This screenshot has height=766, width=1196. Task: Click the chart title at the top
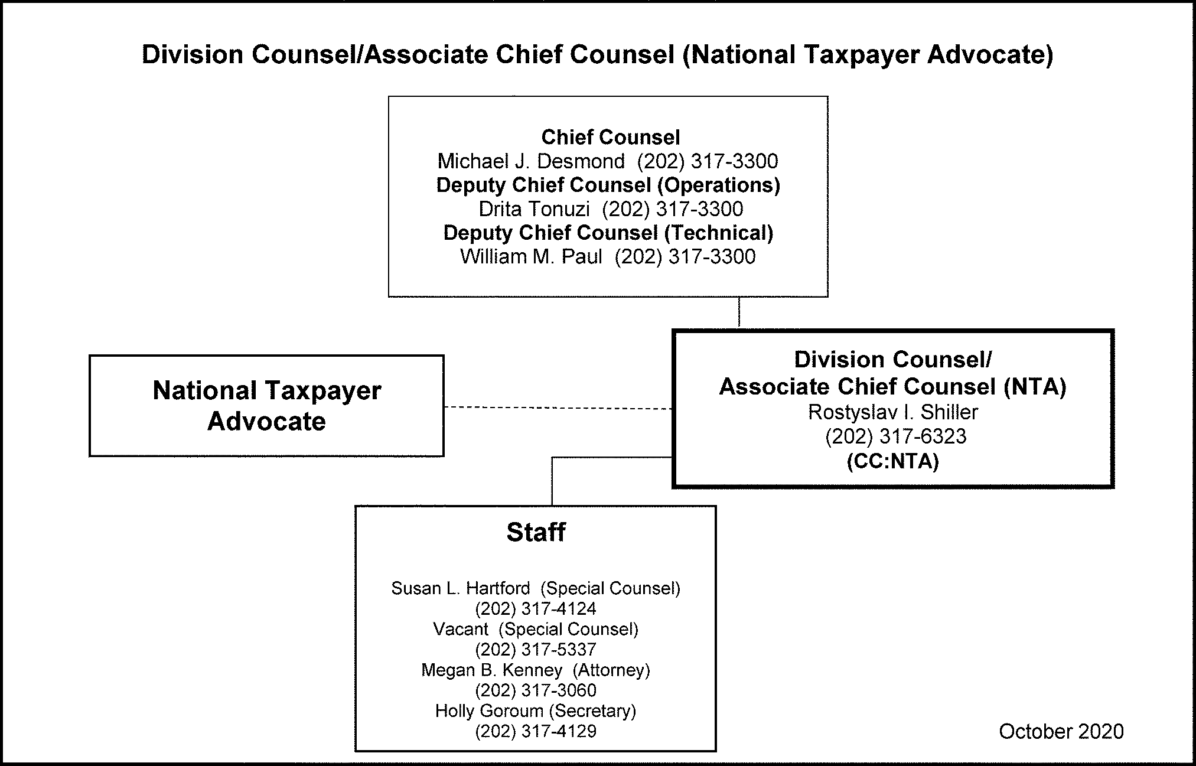pyautogui.click(x=597, y=55)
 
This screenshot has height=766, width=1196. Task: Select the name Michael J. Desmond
pyautogui.click(x=530, y=161)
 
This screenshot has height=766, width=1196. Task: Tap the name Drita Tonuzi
pyautogui.click(x=534, y=209)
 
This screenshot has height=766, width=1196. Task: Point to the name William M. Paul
pyautogui.click(x=531, y=257)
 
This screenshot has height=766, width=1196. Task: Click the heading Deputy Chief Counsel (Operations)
pyautogui.click(x=608, y=185)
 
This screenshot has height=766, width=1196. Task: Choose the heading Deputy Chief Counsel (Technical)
pyautogui.click(x=608, y=233)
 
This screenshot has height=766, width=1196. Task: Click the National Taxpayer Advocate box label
pyautogui.click(x=266, y=406)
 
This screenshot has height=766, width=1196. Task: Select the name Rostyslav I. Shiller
pyautogui.click(x=892, y=412)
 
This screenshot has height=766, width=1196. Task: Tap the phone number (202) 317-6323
pyautogui.click(x=895, y=436)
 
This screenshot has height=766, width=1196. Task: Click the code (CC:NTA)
pyautogui.click(x=892, y=461)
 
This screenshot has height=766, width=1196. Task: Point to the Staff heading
pyautogui.click(x=536, y=532)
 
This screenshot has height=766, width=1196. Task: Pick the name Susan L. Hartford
pyautogui.click(x=461, y=588)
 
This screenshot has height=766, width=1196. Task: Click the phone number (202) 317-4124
pyautogui.click(x=536, y=609)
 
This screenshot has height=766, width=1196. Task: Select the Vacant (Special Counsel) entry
pyautogui.click(x=536, y=629)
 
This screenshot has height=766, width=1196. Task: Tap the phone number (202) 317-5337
pyautogui.click(x=536, y=650)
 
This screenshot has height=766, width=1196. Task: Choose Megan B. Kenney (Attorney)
pyautogui.click(x=536, y=670)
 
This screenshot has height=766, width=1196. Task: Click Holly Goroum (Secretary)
pyautogui.click(x=536, y=711)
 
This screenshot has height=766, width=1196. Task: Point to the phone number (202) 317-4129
pyautogui.click(x=536, y=732)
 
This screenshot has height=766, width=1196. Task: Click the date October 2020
pyautogui.click(x=1061, y=732)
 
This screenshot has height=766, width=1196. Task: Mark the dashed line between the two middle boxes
pyautogui.click(x=558, y=408)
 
